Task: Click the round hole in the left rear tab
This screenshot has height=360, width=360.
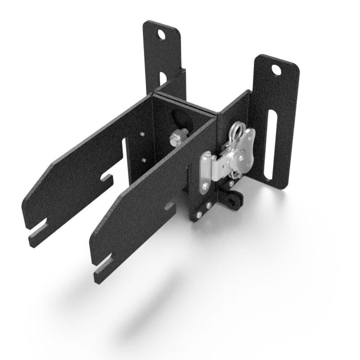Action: pos(163,35)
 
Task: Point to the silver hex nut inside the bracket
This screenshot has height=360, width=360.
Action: pos(175,137)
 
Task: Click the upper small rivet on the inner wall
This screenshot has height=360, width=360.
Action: pos(142,135)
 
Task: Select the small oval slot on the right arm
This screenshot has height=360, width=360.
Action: pos(169,206)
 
